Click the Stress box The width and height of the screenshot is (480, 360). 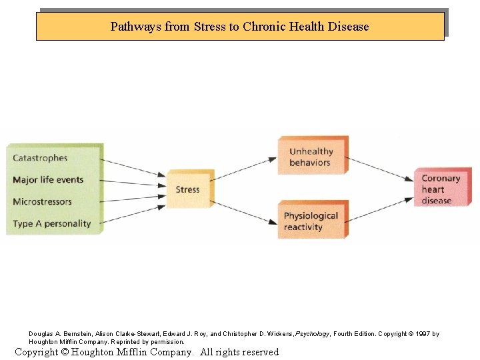[188, 189]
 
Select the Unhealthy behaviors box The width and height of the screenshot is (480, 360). [311, 157]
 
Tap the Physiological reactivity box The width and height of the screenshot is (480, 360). [311, 221]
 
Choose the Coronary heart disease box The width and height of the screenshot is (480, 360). [441, 189]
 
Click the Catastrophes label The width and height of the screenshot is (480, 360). [40, 158]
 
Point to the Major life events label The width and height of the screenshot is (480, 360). [48, 180]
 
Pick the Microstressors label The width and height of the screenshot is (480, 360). [42, 201]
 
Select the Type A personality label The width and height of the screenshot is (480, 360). [51, 223]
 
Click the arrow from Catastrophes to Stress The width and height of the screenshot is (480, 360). [133, 167]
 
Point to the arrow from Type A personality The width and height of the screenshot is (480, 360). [133, 215]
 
